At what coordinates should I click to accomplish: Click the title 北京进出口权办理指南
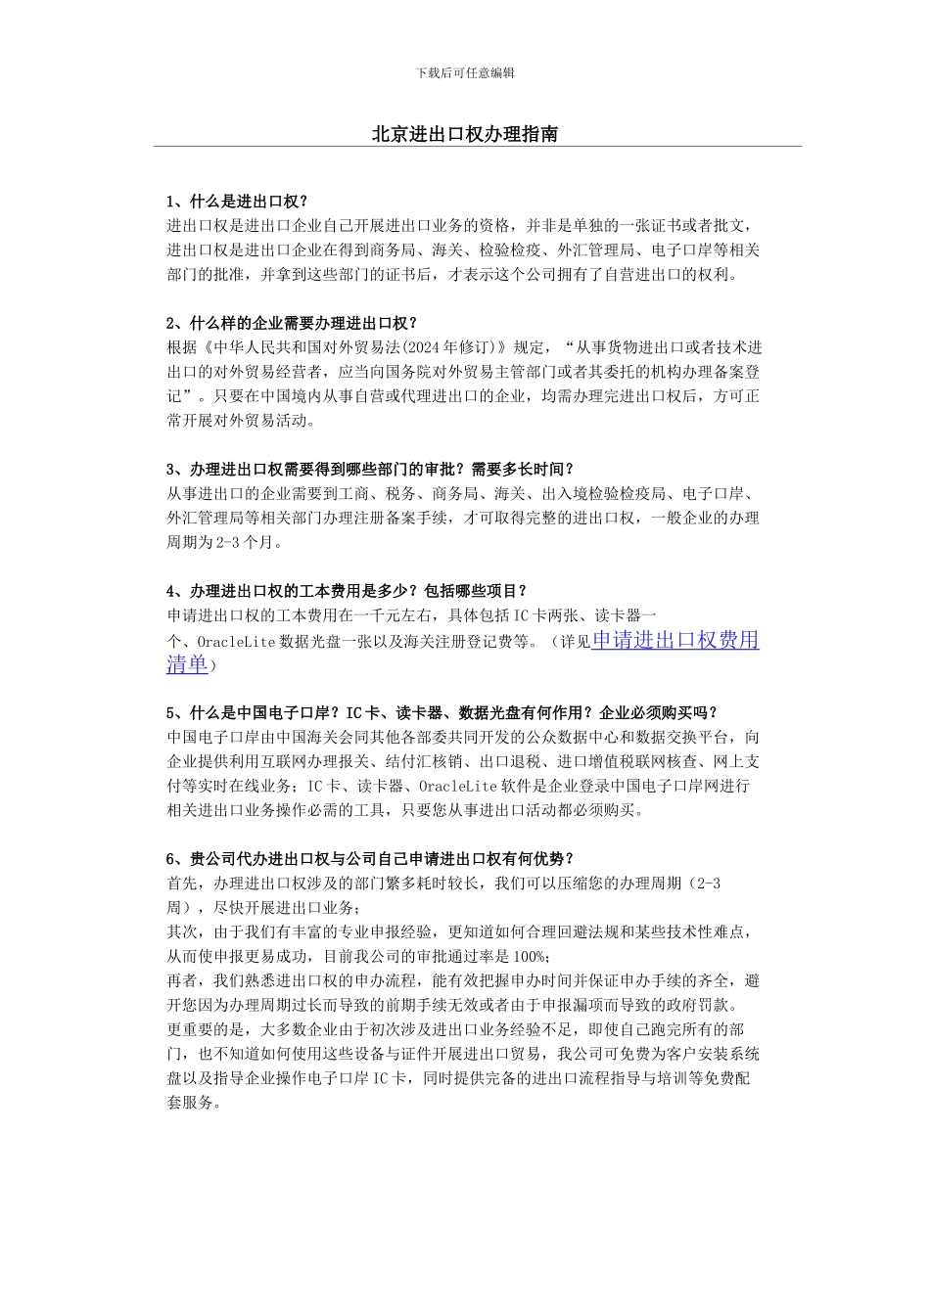pyautogui.click(x=465, y=134)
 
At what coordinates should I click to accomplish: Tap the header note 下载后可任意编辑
pyautogui.click(x=465, y=72)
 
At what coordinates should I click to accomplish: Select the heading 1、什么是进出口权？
pyautogui.click(x=237, y=202)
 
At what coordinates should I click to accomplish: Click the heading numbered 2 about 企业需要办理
pyautogui.click(x=292, y=323)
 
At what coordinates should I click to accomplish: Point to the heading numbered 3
pyautogui.click(x=370, y=469)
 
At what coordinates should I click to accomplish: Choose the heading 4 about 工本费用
pyautogui.click(x=347, y=591)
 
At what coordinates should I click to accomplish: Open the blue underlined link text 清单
pyautogui.click(x=187, y=665)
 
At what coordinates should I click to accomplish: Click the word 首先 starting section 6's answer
pyautogui.click(x=183, y=883)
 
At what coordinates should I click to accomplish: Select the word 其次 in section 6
pyautogui.click(x=183, y=931)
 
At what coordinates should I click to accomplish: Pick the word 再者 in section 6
pyautogui.click(x=183, y=980)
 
